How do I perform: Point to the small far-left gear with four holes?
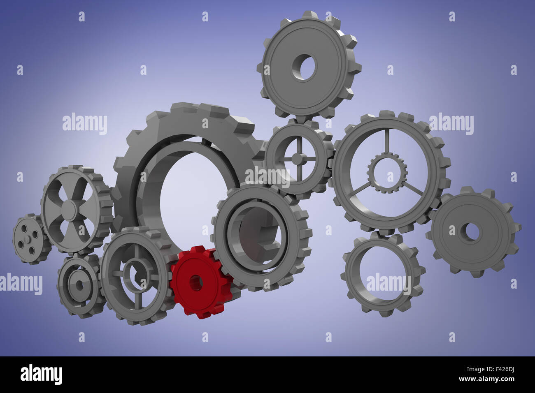pyautogui.click(x=28, y=239)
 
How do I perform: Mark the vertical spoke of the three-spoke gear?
pyautogui.click(x=386, y=142)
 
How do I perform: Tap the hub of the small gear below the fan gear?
pyautogui.click(x=78, y=283)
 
